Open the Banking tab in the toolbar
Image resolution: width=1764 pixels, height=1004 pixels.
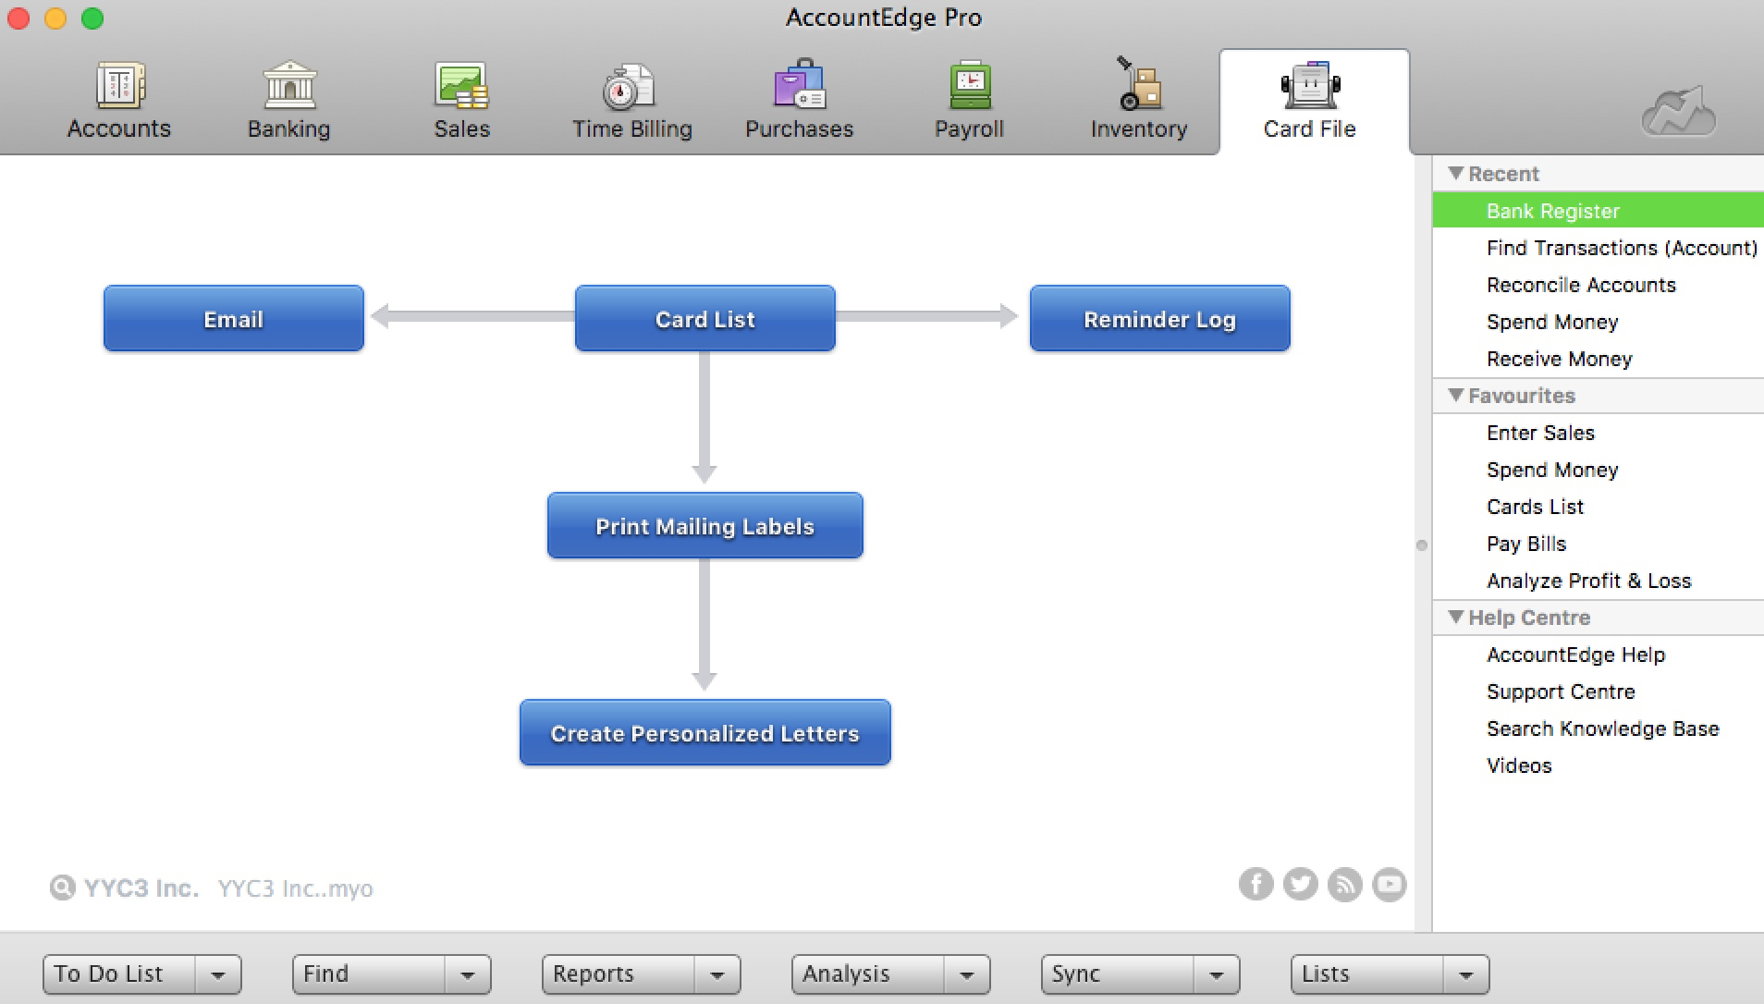(288, 100)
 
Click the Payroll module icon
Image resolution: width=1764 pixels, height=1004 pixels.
(970, 85)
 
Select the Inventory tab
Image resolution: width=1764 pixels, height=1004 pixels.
(1138, 100)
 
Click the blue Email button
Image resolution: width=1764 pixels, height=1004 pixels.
(234, 319)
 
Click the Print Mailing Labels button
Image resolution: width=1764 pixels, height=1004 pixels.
(705, 526)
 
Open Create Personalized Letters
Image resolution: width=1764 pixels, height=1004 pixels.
(705, 733)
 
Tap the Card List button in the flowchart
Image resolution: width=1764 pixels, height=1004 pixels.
(705, 319)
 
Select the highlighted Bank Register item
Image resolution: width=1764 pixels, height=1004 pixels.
(1553, 211)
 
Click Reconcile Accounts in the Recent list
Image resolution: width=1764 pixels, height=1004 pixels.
(1581, 285)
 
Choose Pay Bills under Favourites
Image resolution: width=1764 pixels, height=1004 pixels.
(1526, 544)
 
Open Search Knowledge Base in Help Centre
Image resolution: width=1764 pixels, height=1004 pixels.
(1603, 729)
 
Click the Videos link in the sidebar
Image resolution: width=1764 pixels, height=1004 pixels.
(1519, 765)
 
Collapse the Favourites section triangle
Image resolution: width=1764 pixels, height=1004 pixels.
(1456, 395)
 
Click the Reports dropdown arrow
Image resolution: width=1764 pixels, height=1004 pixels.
(717, 974)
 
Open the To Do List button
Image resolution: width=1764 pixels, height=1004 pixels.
(119, 974)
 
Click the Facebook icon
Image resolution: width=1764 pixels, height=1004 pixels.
(1256, 885)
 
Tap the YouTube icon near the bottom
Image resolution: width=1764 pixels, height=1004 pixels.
(1390, 885)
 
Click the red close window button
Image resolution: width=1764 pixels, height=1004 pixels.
(18, 18)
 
